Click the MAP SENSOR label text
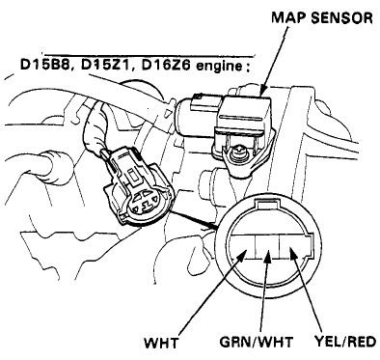pos(322,17)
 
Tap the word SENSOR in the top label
pos(341,17)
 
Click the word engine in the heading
pos(219,67)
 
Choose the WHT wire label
pos(161,343)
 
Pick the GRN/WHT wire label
pos(257,342)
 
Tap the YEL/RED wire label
pos(344,342)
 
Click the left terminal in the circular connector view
pos(243,247)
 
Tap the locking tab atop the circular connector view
pos(266,204)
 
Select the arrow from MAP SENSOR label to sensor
pos(274,61)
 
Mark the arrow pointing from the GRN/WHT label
pos(265,292)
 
